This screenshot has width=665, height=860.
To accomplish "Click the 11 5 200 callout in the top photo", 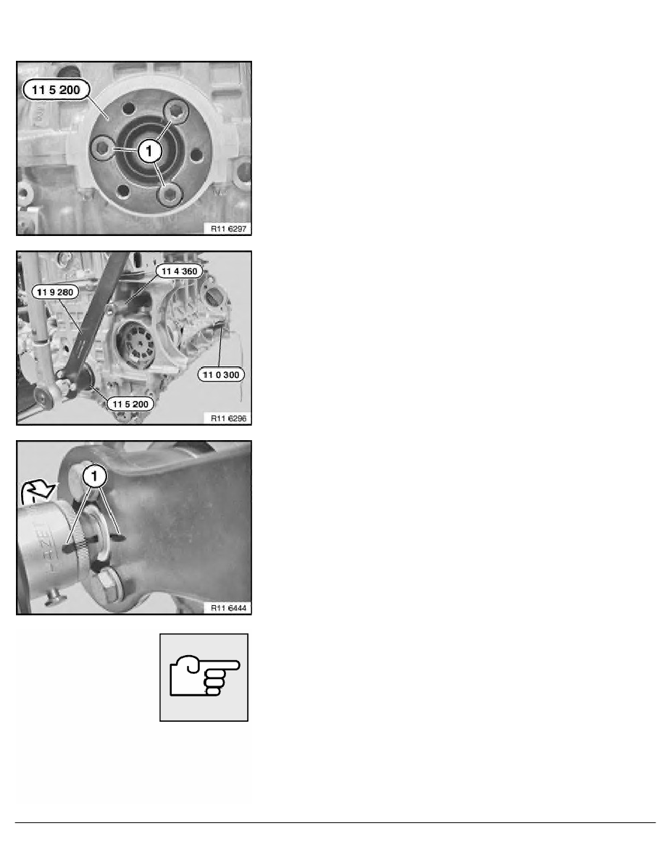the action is click(x=56, y=90).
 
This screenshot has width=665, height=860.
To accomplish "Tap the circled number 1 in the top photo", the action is click(x=149, y=151).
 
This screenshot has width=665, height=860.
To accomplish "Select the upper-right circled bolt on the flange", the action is click(x=176, y=112).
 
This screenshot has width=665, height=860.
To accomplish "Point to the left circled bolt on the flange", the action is click(x=103, y=148).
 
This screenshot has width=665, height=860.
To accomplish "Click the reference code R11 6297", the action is click(x=229, y=229).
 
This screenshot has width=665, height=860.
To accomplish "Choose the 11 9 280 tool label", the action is click(x=55, y=292).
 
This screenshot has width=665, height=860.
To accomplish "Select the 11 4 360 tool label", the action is click(x=180, y=271).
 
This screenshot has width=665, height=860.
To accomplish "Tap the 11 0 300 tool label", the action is click(x=221, y=374).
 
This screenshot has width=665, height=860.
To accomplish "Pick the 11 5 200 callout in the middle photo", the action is click(x=130, y=404).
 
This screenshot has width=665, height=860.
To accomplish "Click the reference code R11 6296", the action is click(x=229, y=418).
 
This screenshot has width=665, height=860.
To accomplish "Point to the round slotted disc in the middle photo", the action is click(x=138, y=345).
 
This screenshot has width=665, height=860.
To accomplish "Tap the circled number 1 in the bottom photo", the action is click(x=95, y=476).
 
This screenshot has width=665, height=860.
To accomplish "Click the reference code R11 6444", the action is click(x=229, y=608).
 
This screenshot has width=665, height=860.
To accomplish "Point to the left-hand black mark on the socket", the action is click(x=67, y=547).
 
